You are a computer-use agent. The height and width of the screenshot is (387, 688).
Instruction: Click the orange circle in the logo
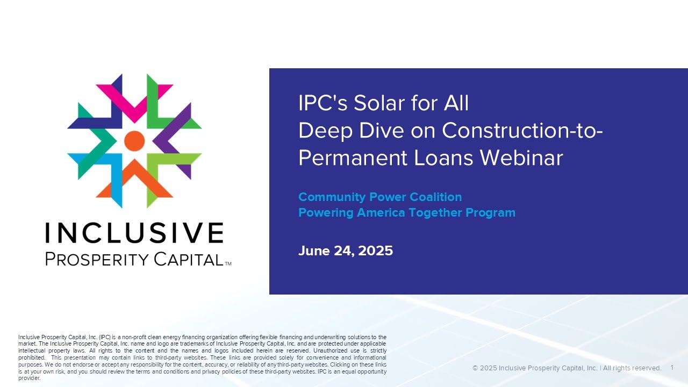point(134,141)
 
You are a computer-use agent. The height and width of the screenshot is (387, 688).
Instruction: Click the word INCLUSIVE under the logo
point(134,233)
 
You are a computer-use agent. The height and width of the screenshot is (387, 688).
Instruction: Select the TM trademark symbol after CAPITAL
point(228,264)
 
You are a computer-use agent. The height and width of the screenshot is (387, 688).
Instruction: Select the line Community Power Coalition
point(380,197)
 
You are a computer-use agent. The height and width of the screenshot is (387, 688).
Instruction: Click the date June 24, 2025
point(346,250)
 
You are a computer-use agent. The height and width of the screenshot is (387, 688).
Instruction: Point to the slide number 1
point(672,368)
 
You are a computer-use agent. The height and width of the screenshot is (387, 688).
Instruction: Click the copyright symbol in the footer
point(475,368)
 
